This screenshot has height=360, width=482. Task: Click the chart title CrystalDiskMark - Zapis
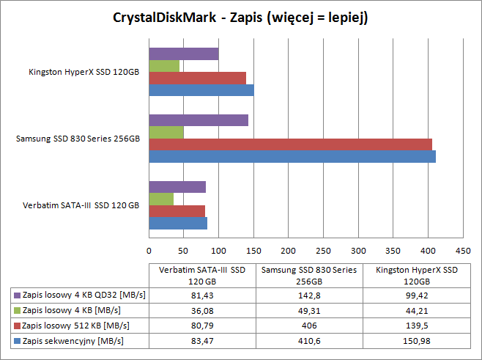point(240,18)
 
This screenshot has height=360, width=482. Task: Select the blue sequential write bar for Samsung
point(292,156)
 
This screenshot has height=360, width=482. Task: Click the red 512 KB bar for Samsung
point(290,144)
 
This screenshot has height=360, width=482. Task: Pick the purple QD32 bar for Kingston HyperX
point(184,54)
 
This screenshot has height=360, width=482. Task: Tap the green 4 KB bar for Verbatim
point(161,199)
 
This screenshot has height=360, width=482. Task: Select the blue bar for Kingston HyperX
point(201,90)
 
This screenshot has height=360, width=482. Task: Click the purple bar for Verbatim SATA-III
point(177,187)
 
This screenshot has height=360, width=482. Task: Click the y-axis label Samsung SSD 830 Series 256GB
point(78,139)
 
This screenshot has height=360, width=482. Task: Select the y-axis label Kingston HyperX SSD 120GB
point(84,72)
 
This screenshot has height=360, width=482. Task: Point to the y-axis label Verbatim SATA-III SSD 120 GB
point(81,205)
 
